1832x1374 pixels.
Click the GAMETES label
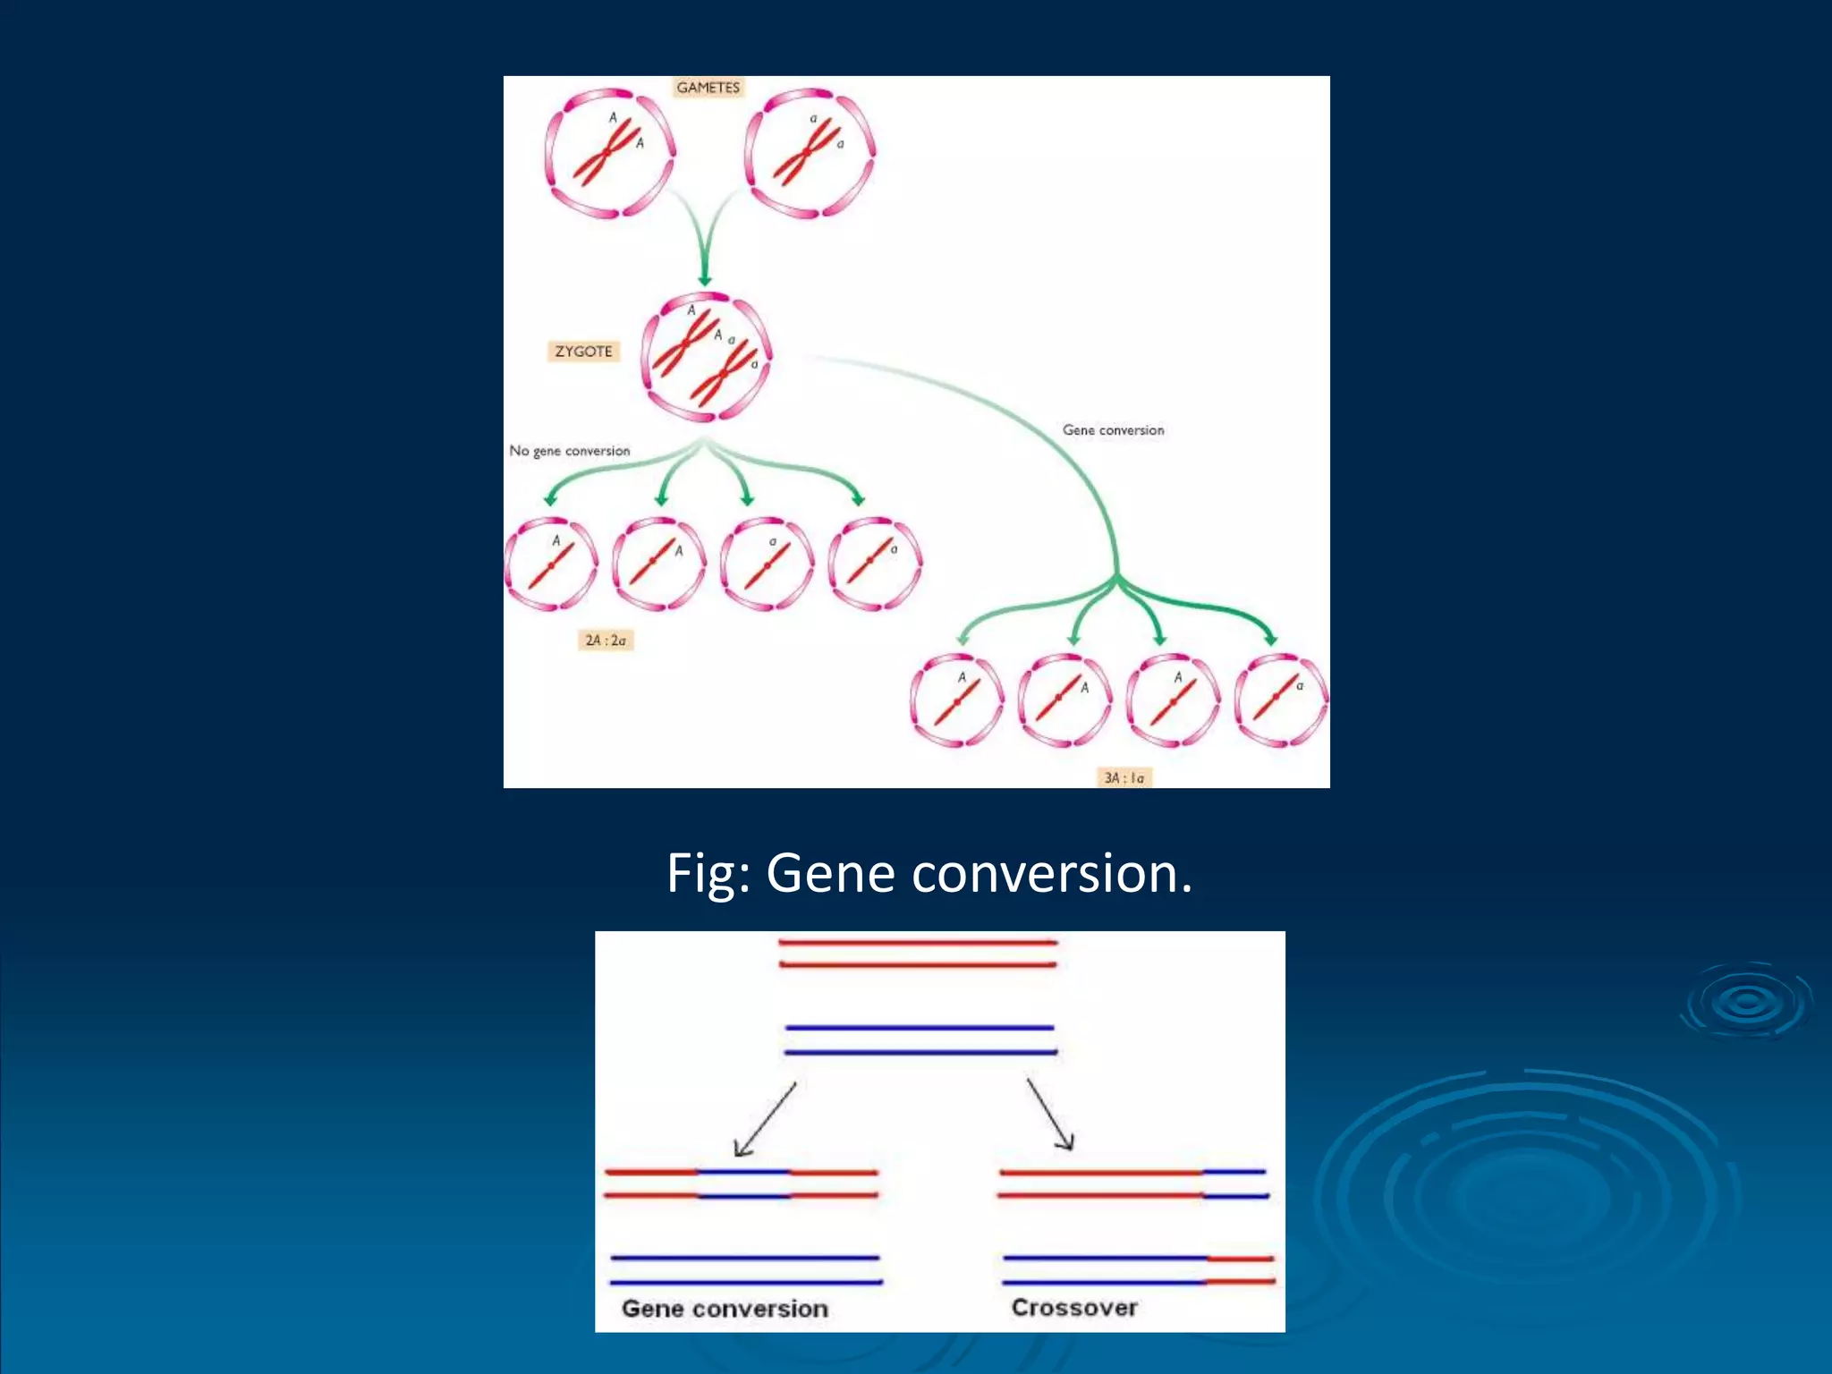(708, 88)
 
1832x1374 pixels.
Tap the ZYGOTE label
(583, 352)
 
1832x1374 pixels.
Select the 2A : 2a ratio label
(606, 640)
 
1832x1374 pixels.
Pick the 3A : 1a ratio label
(1124, 778)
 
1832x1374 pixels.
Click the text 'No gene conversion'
(570, 451)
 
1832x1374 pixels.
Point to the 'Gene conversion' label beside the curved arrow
(1113, 430)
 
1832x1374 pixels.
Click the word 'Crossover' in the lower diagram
(1074, 1308)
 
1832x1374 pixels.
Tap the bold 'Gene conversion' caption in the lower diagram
(725, 1309)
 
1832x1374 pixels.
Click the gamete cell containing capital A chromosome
(610, 153)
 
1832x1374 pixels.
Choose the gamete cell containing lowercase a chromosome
(810, 153)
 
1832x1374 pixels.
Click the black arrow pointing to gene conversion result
(764, 1120)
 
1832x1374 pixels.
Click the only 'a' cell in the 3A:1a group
(1281, 700)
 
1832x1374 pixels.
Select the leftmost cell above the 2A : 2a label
(551, 564)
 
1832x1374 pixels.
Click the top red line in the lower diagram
(918, 943)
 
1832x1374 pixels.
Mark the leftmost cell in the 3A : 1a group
(956, 700)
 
